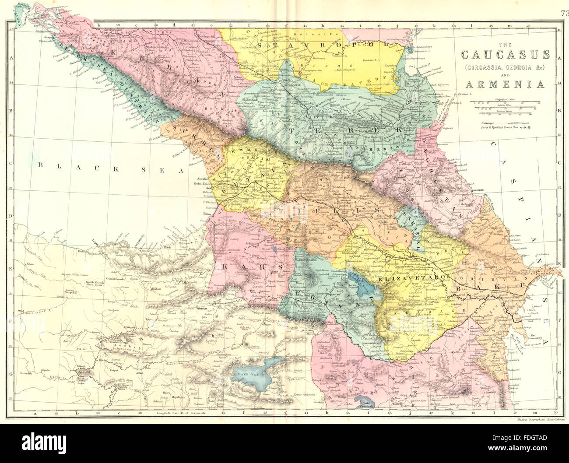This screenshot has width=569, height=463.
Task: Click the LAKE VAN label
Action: pyautogui.click(x=248, y=375)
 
